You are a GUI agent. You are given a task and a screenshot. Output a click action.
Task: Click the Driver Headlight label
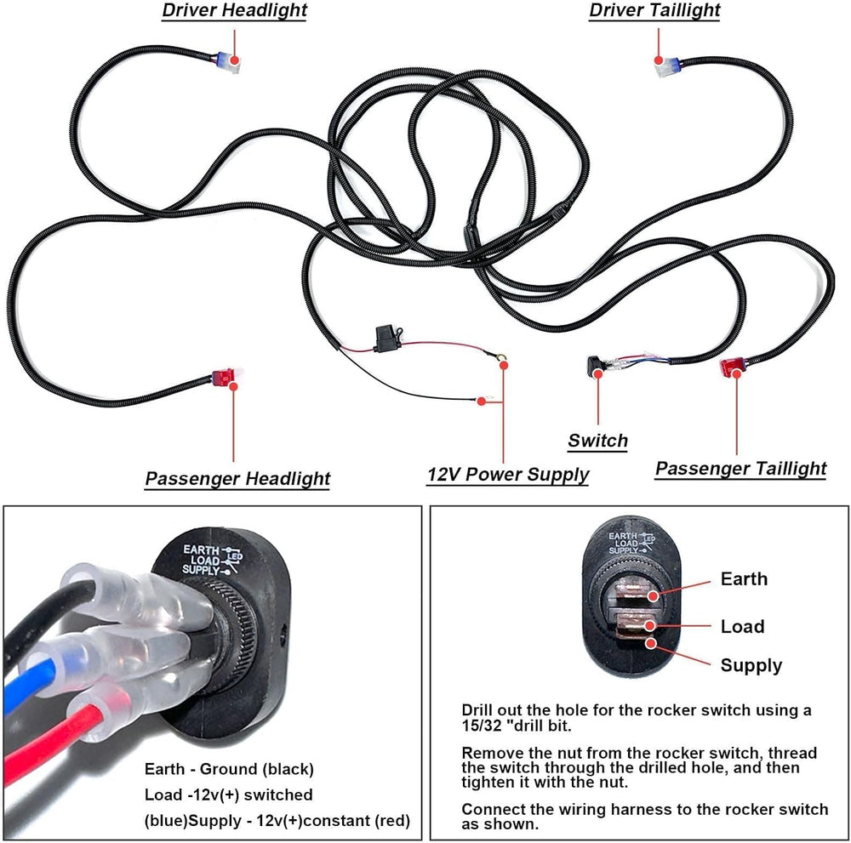pyautogui.click(x=235, y=10)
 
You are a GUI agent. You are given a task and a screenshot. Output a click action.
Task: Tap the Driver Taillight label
pyautogui.click(x=654, y=10)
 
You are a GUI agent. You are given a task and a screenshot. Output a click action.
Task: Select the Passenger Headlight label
pyautogui.click(x=237, y=478)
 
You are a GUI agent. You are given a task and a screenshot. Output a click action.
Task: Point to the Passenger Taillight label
pyautogui.click(x=741, y=468)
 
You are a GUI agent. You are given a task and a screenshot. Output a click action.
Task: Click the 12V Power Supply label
pyautogui.click(x=507, y=474)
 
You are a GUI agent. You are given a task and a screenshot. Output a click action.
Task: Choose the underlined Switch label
pyautogui.click(x=597, y=441)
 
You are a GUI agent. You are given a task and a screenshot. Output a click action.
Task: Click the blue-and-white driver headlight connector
pyautogui.click(x=228, y=62)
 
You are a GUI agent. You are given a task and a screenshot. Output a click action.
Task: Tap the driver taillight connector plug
pyautogui.click(x=667, y=67)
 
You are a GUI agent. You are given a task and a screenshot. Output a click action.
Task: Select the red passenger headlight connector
pyautogui.click(x=224, y=377)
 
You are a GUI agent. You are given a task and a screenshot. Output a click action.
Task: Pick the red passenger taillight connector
pyautogui.click(x=732, y=367)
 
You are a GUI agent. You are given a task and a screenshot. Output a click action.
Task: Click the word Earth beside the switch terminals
pyautogui.click(x=744, y=578)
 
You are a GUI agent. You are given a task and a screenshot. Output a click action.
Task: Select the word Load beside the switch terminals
pyautogui.click(x=742, y=627)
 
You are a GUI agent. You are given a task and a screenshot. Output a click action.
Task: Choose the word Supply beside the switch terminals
pyautogui.click(x=751, y=665)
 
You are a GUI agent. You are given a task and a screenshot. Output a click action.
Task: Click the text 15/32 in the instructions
pyautogui.click(x=482, y=726)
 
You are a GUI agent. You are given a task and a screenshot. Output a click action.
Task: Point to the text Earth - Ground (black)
pyautogui.click(x=229, y=769)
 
